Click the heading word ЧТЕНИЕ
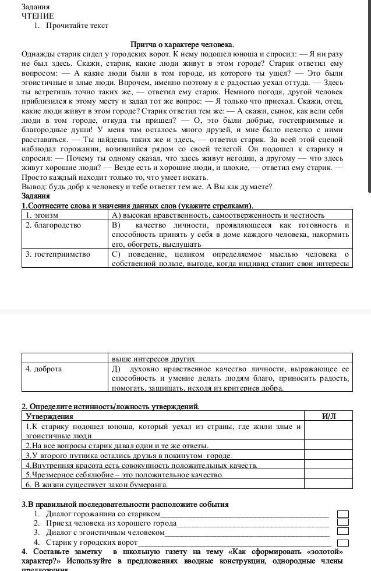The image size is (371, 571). [37, 16]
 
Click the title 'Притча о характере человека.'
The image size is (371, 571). [182, 45]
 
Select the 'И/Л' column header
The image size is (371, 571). [328, 416]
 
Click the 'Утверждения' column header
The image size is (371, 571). [50, 416]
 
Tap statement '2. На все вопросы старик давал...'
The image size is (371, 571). [116, 445]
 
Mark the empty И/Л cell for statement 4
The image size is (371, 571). [328, 465]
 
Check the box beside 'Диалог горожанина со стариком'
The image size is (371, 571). [343, 515]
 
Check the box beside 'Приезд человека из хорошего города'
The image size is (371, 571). [343, 523]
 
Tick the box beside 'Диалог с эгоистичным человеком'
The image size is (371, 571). [343, 532]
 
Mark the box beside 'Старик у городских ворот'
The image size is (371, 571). [343, 542]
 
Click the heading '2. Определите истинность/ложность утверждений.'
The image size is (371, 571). [110, 406]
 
